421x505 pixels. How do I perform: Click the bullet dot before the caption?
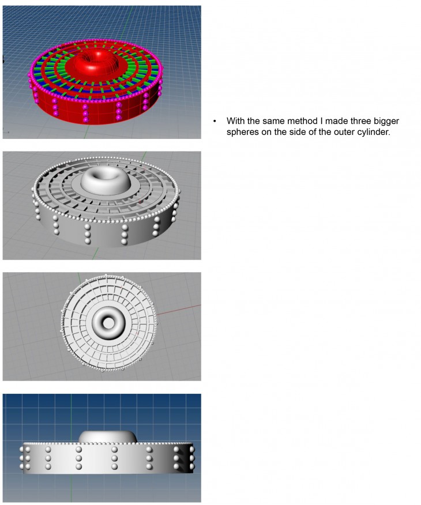(x=215, y=122)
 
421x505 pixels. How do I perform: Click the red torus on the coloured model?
(x=102, y=63)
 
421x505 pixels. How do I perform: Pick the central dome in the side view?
(x=108, y=436)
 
